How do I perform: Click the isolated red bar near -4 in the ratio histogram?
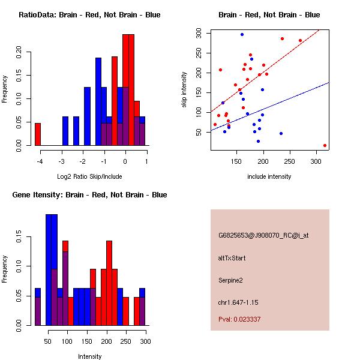[37, 134]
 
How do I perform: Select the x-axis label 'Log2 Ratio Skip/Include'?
[89, 177]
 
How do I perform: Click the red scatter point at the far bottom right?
[325, 145]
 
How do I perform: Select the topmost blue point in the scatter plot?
[242, 34]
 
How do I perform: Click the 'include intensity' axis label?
[269, 177]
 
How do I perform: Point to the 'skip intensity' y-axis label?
[185, 90]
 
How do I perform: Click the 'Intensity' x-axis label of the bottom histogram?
[89, 356]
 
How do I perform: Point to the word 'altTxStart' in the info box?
[232, 258]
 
